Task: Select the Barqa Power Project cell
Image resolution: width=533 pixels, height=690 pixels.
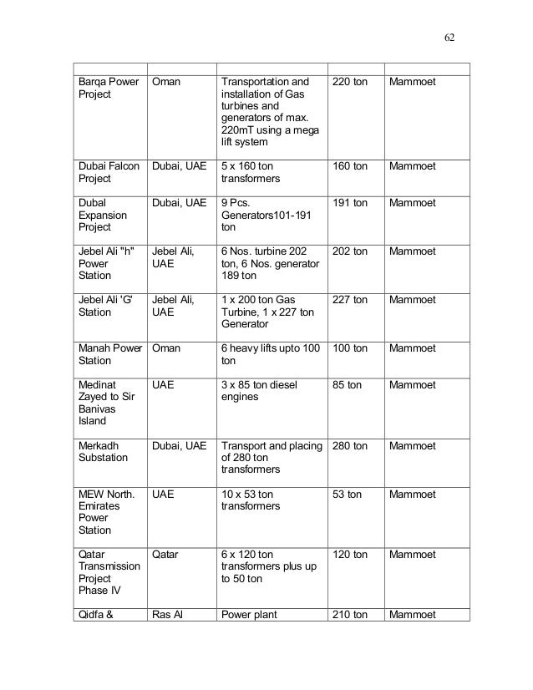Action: [x=108, y=88]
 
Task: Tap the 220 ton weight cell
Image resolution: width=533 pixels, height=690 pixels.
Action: [x=350, y=82]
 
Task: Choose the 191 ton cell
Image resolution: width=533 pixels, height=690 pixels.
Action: [x=350, y=203]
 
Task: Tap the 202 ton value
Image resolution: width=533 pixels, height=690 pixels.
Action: [x=350, y=251]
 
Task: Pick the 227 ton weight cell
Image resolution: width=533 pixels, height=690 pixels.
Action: [x=350, y=300]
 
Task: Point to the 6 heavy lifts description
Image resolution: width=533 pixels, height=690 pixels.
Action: [x=271, y=354]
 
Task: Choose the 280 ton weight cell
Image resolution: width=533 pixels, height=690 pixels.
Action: [x=350, y=445]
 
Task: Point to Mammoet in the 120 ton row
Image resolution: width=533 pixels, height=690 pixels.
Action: [x=413, y=555]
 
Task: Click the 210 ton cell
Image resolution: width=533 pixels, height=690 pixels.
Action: [x=350, y=616]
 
